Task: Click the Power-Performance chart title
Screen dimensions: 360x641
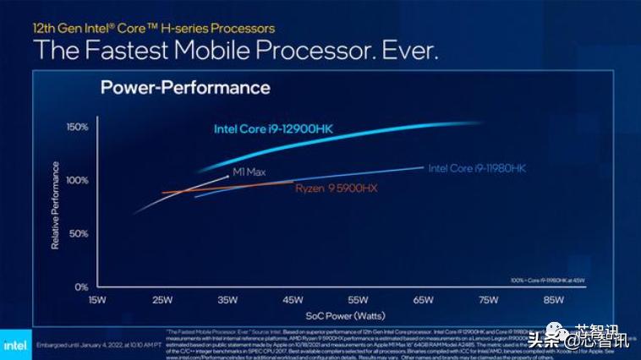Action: coord(185,88)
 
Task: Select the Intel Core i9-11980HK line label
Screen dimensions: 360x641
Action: coord(477,169)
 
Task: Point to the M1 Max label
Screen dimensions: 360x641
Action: coord(249,172)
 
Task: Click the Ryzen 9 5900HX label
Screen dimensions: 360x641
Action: coord(336,188)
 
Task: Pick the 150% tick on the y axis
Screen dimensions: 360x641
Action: coord(76,127)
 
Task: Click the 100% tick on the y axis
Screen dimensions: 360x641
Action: coord(76,180)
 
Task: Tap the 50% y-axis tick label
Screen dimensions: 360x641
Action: coord(78,233)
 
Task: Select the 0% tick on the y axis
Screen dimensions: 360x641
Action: coord(80,286)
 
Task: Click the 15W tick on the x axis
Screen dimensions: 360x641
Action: coord(97,300)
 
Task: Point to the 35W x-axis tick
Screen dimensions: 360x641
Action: coord(227,300)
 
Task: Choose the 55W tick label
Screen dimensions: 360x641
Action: coord(358,300)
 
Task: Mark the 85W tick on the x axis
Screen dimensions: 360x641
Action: coord(553,300)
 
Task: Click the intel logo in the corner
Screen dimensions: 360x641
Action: coord(14,345)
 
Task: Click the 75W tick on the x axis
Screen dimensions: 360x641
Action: coord(488,300)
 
